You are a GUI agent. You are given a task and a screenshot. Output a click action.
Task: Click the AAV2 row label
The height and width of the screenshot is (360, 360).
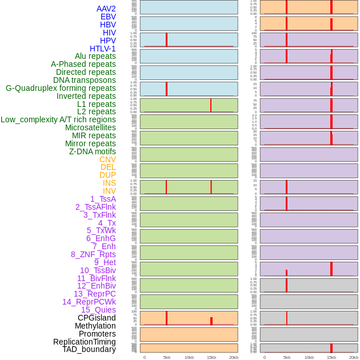tap(106, 9)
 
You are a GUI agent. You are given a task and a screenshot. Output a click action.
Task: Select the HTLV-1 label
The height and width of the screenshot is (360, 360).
tap(102, 49)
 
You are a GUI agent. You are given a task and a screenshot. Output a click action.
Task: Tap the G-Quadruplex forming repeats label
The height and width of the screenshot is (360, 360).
tap(61, 88)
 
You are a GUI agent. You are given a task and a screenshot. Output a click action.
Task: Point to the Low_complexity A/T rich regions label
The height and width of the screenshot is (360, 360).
tap(58, 119)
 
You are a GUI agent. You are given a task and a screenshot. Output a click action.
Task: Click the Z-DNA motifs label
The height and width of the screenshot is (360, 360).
tap(93, 151)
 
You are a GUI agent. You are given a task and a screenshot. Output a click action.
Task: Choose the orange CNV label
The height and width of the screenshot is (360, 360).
tap(107, 159)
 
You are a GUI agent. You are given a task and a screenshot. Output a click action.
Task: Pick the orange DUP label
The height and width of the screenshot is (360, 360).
tap(107, 175)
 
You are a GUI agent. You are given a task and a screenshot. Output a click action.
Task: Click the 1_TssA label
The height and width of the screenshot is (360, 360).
tap(103, 199)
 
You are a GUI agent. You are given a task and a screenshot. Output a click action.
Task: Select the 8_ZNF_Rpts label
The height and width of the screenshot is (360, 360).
tap(93, 254)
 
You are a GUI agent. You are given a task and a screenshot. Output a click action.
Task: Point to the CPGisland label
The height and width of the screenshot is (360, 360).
tap(97, 318)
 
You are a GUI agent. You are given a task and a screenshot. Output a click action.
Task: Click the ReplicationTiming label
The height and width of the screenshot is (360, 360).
tap(84, 342)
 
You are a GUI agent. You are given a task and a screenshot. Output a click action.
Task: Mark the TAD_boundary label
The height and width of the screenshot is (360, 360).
tap(89, 349)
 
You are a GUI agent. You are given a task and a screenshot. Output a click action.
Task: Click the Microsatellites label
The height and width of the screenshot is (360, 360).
tap(90, 127)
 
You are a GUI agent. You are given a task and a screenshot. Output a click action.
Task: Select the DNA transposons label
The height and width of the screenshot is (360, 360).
tap(85, 80)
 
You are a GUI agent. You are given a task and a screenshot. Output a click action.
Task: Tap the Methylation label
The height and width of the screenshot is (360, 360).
tap(95, 326)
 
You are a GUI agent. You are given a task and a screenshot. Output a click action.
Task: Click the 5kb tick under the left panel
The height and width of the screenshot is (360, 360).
tap(167, 357)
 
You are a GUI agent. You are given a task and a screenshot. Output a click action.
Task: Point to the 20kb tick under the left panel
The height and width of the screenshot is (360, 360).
tap(233, 357)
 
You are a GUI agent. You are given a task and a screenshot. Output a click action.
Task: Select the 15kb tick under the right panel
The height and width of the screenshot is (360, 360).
tap(331, 357)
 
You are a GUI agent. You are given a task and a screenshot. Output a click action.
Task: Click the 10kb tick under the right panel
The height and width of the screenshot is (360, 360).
tap(309, 357)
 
